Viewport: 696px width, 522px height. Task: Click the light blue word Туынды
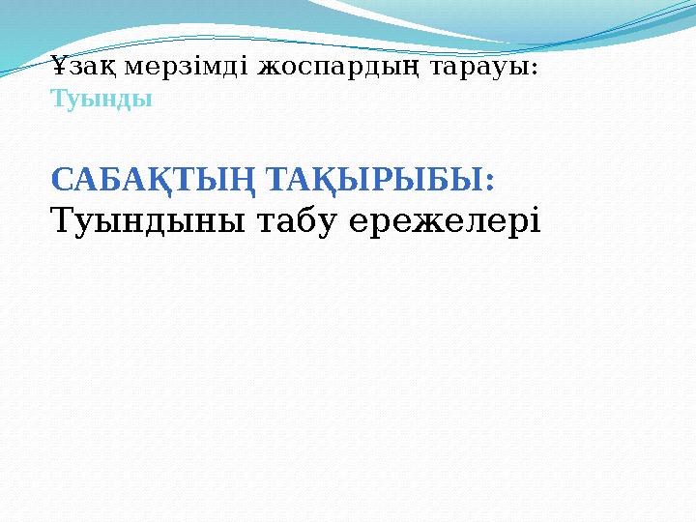[101, 99]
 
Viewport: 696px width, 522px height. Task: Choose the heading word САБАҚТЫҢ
[154, 180]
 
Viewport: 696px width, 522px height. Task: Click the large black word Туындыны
[146, 222]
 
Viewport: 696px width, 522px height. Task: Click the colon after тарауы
[536, 72]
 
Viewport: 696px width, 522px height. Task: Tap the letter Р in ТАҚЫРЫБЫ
[376, 180]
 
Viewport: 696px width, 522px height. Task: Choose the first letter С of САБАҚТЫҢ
[60, 180]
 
